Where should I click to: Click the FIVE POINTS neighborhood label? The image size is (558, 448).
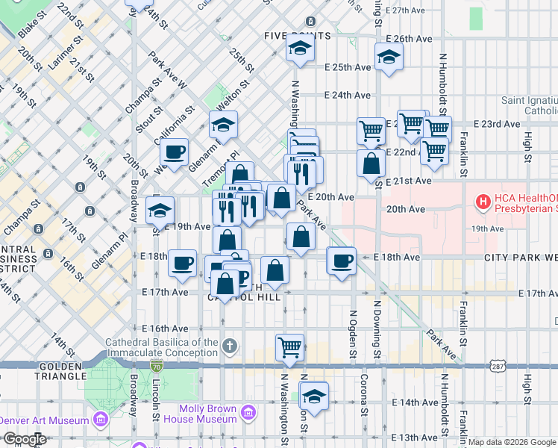coord(297,36)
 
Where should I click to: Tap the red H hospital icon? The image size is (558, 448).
coord(483,201)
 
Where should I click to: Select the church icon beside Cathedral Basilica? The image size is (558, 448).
coord(230,346)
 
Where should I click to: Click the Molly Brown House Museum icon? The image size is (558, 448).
coord(249,412)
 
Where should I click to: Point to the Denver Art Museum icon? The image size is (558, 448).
coord(100,420)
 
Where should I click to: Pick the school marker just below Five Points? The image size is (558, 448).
coord(300,49)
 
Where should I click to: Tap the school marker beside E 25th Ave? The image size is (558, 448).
coord(389,57)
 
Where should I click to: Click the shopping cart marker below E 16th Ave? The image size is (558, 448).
coord(289,346)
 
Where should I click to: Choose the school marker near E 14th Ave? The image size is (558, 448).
coord(315,396)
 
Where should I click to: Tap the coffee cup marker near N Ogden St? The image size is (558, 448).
coord(342,261)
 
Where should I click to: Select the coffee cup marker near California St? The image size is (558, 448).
coord(174,152)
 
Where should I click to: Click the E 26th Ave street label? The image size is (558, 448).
coord(409,39)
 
